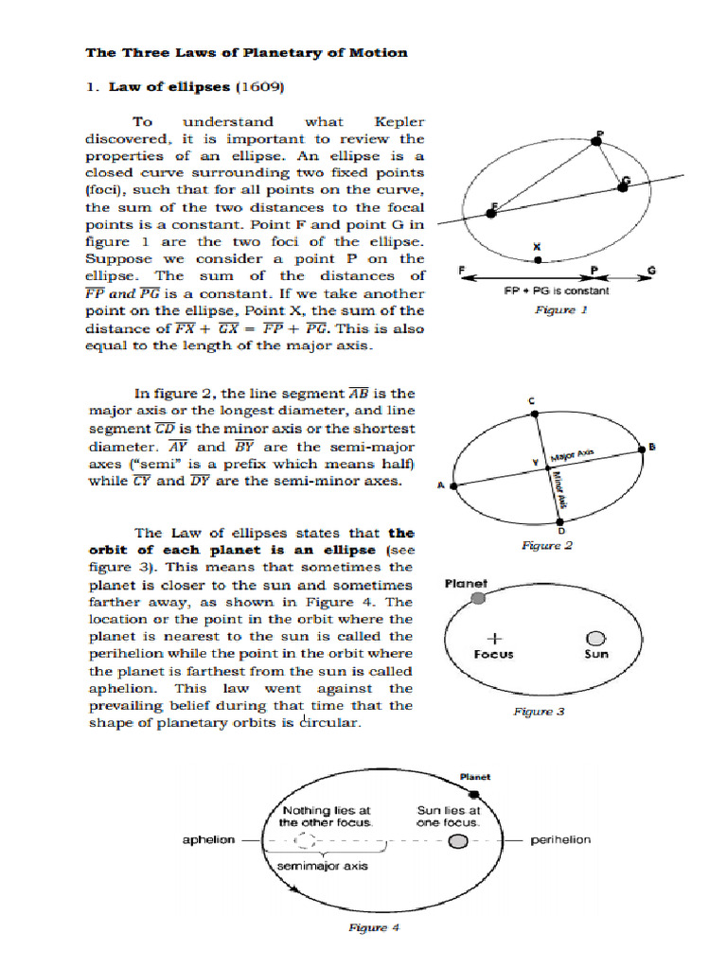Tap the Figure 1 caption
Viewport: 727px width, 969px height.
[560, 309]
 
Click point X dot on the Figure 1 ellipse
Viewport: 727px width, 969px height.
[538, 259]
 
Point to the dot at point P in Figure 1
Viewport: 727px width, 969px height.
[595, 142]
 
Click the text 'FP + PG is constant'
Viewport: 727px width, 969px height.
[556, 291]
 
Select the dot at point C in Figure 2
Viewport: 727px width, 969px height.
[533, 413]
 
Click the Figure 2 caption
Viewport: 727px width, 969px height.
[547, 546]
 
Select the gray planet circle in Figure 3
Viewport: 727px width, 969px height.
[479, 598]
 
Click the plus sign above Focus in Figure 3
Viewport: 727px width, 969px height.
[493, 638]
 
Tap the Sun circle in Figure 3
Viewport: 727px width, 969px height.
[596, 639]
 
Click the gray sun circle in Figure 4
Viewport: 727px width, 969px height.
[458, 841]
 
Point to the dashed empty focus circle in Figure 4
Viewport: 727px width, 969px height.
[307, 841]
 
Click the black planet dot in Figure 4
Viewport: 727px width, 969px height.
[474, 793]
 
